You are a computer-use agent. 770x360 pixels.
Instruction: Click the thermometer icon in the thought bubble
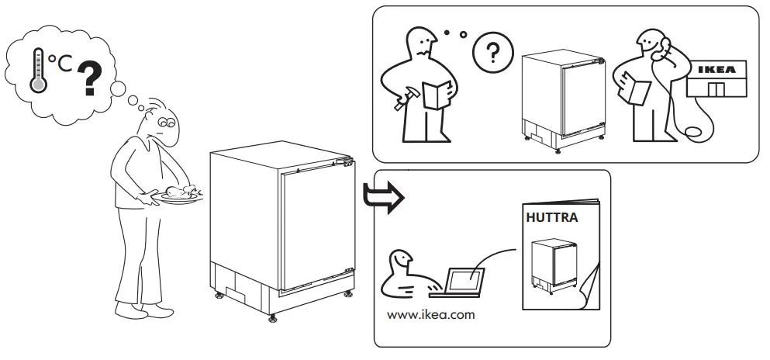pyautogui.click(x=37, y=71)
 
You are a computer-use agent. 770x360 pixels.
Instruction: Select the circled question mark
pyautogui.click(x=489, y=54)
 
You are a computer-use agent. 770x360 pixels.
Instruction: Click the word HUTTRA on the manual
pyautogui.click(x=551, y=218)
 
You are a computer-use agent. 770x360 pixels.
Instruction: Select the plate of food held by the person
pyautogui.click(x=178, y=195)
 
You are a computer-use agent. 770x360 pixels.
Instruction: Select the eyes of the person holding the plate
pyautogui.click(x=166, y=122)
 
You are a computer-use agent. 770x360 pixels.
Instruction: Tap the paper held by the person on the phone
pyautogui.click(x=637, y=92)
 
